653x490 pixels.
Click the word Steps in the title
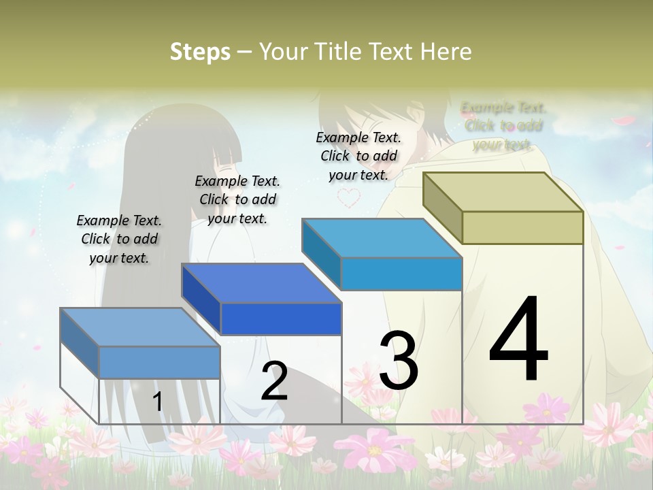pyautogui.click(x=200, y=51)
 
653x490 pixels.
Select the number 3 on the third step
pyautogui.click(x=398, y=360)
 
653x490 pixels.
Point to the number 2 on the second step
pyautogui.click(x=274, y=381)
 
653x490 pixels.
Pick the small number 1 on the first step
pyautogui.click(x=158, y=402)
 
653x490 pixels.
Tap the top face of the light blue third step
pyautogui.click(x=382, y=238)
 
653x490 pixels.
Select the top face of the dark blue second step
pyautogui.click(x=261, y=283)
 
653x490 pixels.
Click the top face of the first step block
pyautogui.click(x=140, y=327)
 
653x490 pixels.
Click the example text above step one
pyautogui.click(x=119, y=239)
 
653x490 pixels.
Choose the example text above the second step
pyautogui.click(x=237, y=199)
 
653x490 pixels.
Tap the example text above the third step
pyautogui.click(x=358, y=156)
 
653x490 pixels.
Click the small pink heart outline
pyautogui.click(x=350, y=197)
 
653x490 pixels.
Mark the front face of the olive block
pyautogui.click(x=522, y=227)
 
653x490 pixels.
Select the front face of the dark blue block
pyautogui.click(x=281, y=318)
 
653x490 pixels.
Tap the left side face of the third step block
pyautogui.click(x=321, y=254)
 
